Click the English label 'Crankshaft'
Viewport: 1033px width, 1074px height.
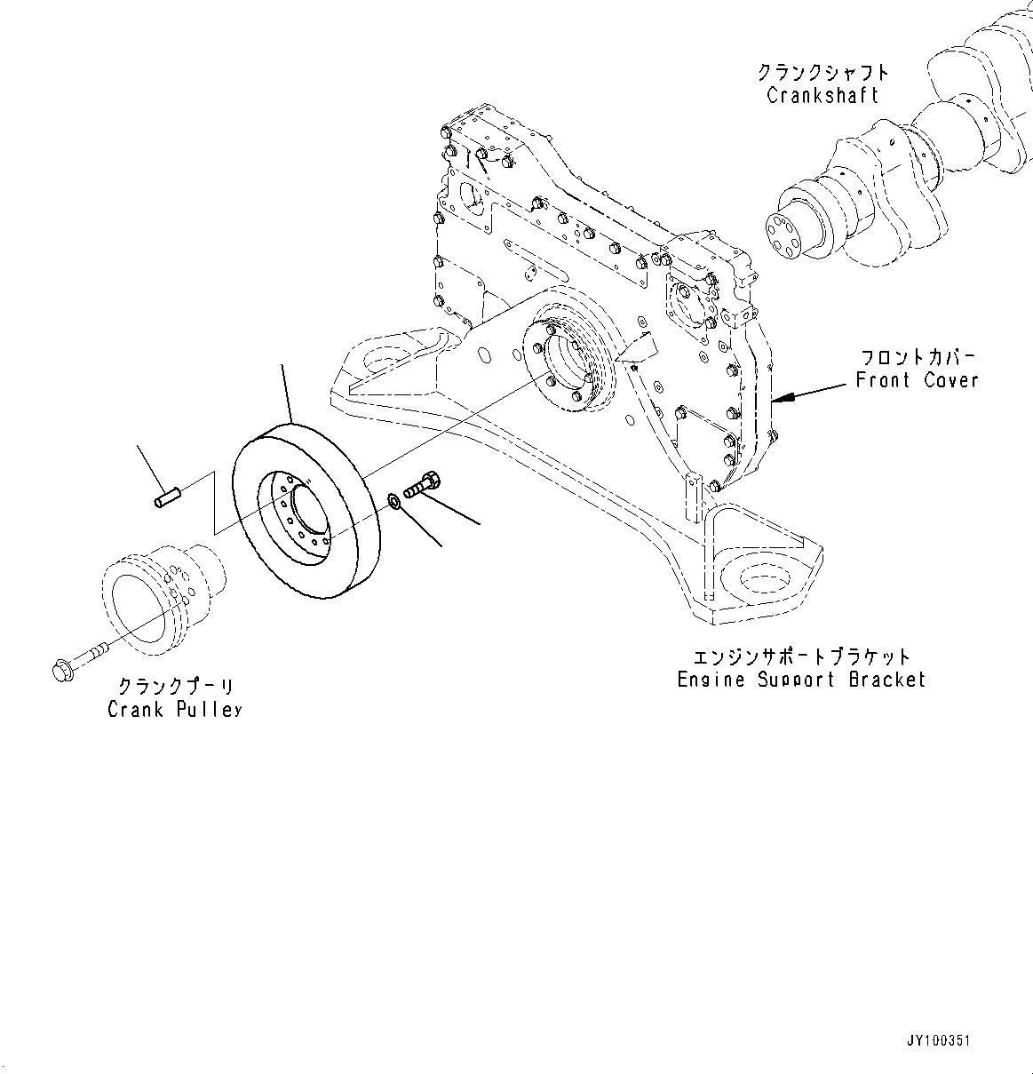click(822, 95)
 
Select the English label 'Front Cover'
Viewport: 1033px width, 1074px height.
click(917, 380)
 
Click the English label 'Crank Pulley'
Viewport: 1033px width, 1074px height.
click(175, 709)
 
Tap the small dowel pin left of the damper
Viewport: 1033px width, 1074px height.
click(166, 496)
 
